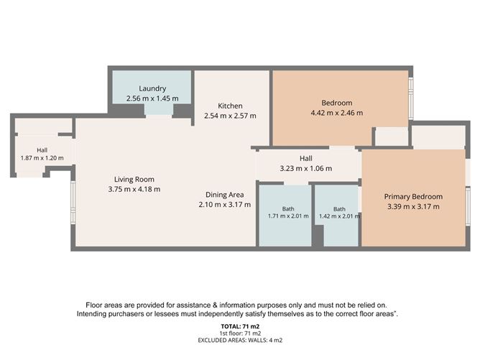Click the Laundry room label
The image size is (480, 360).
(152, 88)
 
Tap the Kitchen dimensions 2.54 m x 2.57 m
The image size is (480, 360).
(230, 116)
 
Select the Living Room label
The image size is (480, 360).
(134, 180)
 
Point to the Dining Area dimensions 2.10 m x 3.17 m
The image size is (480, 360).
(225, 205)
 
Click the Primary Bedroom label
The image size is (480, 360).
(413, 197)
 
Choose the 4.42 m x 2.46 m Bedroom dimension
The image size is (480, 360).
(337, 113)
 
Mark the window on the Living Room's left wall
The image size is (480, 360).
(73, 202)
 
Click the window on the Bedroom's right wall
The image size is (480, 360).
(411, 98)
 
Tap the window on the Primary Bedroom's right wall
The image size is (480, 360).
(468, 206)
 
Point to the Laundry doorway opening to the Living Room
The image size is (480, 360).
(159, 116)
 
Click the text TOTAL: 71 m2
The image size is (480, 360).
(240, 327)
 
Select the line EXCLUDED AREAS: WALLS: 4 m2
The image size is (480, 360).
(240, 340)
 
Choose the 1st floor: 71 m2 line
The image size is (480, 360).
(240, 333)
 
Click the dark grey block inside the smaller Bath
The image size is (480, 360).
(318, 236)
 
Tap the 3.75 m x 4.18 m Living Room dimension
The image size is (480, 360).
(134, 189)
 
